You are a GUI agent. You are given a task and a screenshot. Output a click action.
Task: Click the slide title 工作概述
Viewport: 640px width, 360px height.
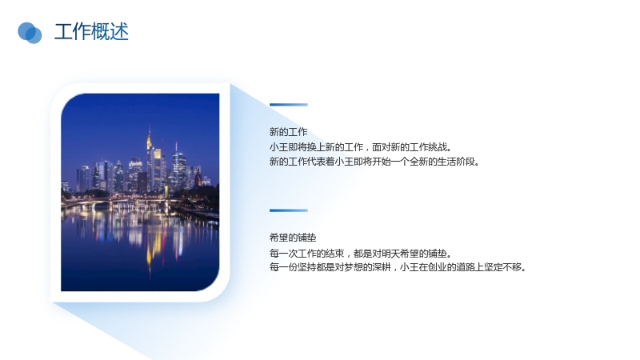(91, 31)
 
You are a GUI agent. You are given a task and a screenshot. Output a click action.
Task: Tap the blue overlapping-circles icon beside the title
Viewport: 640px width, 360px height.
(30, 33)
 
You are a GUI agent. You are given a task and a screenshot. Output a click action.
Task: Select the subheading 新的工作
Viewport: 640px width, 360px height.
(288, 132)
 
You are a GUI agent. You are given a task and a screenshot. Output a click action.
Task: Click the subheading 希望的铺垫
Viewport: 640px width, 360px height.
(293, 238)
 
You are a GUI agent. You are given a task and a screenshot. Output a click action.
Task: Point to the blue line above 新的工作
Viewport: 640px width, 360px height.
(289, 105)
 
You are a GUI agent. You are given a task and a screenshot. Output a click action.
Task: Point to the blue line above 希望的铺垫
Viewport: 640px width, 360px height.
(289, 210)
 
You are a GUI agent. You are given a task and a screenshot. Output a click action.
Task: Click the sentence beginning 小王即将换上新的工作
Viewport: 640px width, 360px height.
(361, 147)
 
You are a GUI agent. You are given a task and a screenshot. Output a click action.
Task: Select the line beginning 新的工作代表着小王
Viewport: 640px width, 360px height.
(374, 162)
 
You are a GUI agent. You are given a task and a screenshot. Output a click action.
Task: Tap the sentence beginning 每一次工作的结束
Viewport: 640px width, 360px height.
(361, 254)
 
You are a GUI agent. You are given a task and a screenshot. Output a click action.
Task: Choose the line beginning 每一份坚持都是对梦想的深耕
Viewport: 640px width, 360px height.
(398, 267)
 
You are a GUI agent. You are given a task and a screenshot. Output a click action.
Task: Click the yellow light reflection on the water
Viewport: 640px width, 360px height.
(149, 245)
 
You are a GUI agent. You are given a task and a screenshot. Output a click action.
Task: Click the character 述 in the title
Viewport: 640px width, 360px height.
(119, 31)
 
